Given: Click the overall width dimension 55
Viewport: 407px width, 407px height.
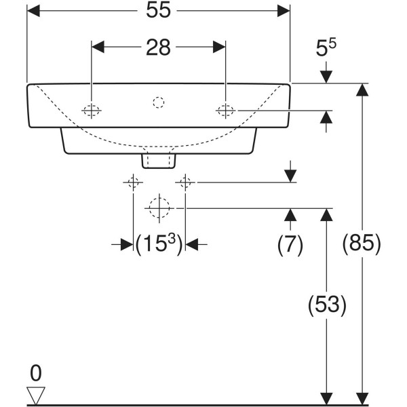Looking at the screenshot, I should (158, 12).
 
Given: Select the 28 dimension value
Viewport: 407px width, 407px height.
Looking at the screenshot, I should (158, 47).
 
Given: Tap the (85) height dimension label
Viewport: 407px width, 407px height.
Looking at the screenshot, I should (363, 242).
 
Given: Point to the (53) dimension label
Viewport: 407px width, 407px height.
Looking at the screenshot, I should (328, 305).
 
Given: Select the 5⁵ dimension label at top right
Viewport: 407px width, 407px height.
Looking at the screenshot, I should (326, 50).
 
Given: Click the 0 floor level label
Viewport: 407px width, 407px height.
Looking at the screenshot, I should (36, 372).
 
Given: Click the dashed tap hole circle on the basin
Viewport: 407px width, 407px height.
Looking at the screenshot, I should (158, 103).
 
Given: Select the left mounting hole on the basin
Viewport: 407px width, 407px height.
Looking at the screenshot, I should (92, 111).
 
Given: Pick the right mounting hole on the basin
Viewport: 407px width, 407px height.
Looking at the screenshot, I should (225, 111).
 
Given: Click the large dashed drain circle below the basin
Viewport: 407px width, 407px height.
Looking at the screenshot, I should (158, 207).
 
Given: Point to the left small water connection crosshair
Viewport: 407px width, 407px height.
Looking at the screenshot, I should (133, 182).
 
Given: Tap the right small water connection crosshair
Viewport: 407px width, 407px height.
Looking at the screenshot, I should (185, 182).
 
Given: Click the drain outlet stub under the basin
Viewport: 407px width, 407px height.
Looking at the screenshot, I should (158, 159).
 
